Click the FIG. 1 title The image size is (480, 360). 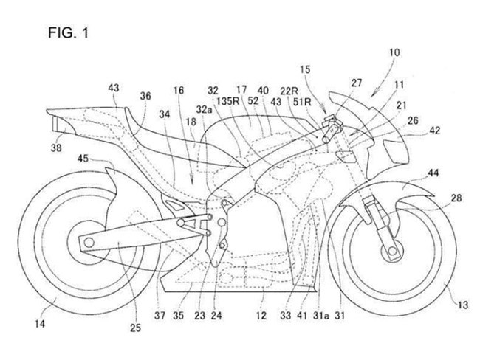click(68, 32)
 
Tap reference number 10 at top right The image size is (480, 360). click(394, 52)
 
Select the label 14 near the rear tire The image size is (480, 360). click(40, 323)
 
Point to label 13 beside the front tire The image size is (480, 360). click(462, 305)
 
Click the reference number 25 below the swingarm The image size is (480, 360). click(135, 328)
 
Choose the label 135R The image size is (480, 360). click(228, 101)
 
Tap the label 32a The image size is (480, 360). click(204, 109)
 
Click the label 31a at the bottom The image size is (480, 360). click(321, 315)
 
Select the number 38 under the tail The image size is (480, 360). click(56, 148)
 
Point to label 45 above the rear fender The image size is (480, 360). click(83, 159)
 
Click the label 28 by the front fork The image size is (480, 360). click(456, 198)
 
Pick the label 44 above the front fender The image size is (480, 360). click(433, 173)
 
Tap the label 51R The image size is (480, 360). click(302, 102)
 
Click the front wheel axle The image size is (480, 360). click(391, 251)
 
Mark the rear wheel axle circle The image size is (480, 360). click(89, 243)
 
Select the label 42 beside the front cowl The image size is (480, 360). click(434, 131)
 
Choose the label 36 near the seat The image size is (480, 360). click(145, 96)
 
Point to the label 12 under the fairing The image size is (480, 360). click(261, 315)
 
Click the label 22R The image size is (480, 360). click(289, 91)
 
